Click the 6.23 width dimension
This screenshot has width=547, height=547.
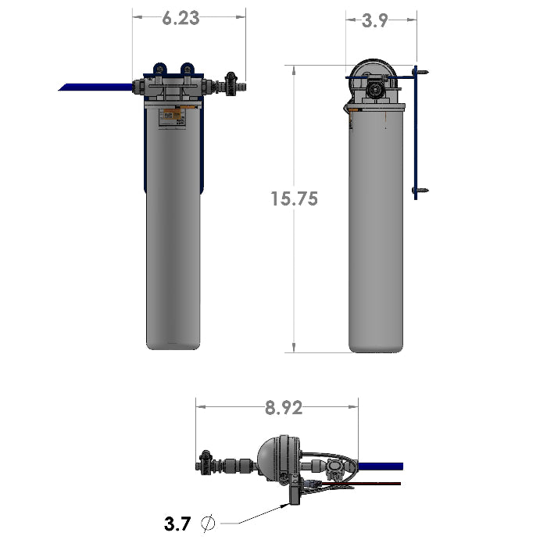(181, 19)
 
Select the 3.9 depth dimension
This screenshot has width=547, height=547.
(374, 21)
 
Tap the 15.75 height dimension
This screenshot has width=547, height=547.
(295, 198)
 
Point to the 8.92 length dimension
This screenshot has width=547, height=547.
(283, 407)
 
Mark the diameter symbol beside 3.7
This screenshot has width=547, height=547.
(208, 524)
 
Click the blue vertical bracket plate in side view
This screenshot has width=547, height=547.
(415, 133)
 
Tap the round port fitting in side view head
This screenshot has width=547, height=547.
(377, 89)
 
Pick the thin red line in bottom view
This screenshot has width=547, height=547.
(375, 484)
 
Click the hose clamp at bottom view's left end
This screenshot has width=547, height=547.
(207, 463)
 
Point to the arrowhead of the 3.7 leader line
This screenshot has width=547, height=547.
(286, 506)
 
